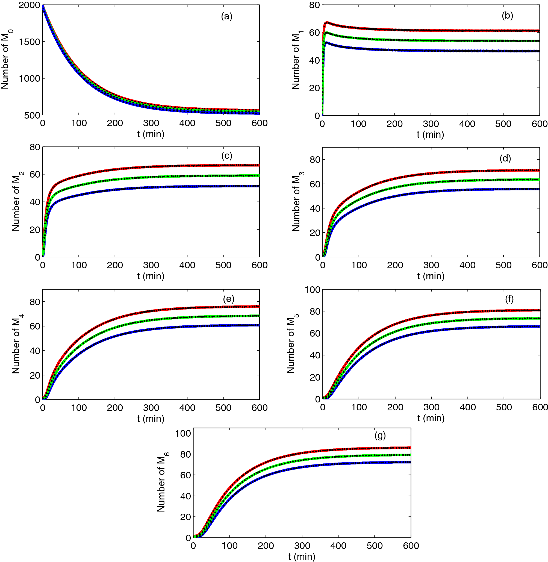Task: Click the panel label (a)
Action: (226, 16)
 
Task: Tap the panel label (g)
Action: (380, 436)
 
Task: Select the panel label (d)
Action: (505, 158)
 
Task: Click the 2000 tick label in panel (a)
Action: (29, 5)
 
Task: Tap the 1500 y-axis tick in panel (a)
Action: (29, 42)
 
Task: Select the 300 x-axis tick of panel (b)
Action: (431, 124)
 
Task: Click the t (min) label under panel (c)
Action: (151, 276)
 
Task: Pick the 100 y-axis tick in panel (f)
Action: (313, 290)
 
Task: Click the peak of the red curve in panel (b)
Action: (327, 22)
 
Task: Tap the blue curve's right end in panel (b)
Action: (539, 51)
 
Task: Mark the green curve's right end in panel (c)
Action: (259, 175)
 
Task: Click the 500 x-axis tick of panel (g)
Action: (375, 546)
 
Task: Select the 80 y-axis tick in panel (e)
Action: (34, 302)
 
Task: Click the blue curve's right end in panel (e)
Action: (259, 325)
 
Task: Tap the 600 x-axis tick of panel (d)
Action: (539, 265)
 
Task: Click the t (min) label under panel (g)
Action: (301, 556)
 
